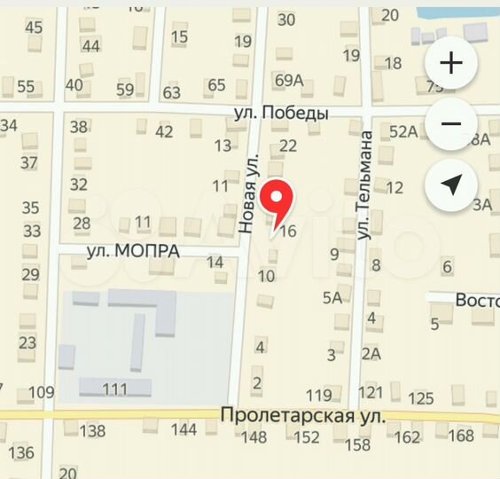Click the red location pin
(280, 200)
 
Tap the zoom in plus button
(452, 64)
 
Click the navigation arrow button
(452, 185)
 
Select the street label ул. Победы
(281, 114)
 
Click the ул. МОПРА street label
(133, 251)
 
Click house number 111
(114, 389)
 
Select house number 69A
(289, 81)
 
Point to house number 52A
(402, 131)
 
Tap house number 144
(184, 430)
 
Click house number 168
(461, 436)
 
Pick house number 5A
(332, 297)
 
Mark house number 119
(318, 395)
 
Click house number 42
(164, 132)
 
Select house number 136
(21, 453)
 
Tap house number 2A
(371, 354)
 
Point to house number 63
(171, 91)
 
